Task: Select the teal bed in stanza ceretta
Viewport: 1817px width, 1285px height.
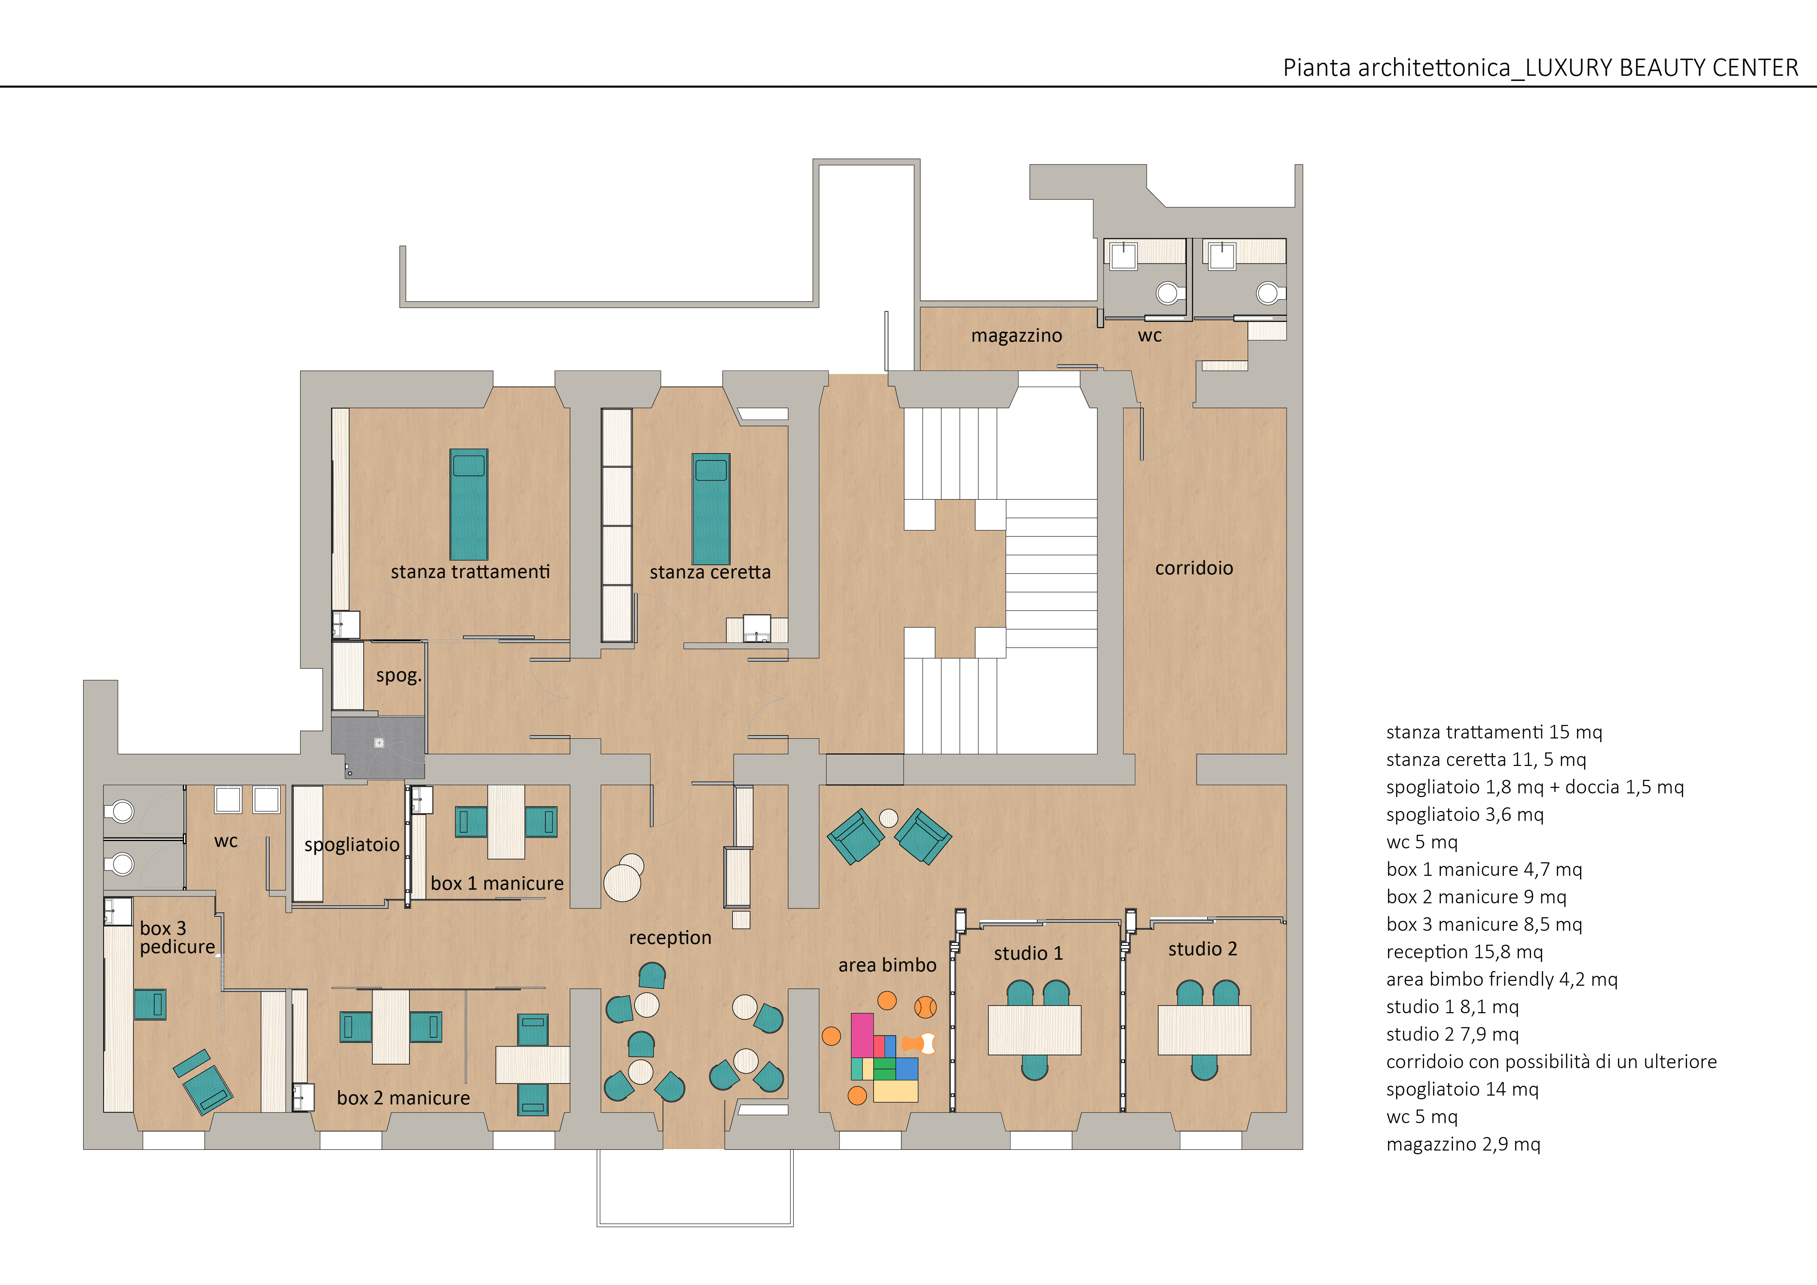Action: click(711, 509)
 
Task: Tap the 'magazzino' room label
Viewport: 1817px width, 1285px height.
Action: click(1016, 336)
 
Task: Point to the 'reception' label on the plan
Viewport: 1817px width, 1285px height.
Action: click(670, 938)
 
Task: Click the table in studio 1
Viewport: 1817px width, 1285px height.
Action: click(1034, 1029)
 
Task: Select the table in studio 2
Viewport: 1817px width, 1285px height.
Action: click(1204, 1029)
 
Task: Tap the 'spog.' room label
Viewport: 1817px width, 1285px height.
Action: click(398, 676)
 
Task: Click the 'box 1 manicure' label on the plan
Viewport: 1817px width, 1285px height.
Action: click(497, 883)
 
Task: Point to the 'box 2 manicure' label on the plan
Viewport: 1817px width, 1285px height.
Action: click(403, 1097)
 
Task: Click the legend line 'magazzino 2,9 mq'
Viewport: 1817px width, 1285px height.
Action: click(1463, 1144)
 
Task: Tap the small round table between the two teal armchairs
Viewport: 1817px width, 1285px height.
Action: click(889, 817)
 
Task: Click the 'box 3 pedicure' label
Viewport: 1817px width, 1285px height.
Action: click(177, 938)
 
